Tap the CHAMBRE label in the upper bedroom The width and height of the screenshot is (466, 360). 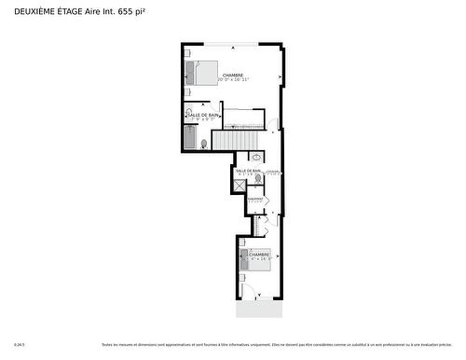tap(233, 75)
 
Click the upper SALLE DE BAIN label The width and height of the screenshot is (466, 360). tap(202, 115)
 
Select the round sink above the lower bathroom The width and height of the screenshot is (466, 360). tap(256, 158)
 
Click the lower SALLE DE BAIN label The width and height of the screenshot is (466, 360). tap(248, 171)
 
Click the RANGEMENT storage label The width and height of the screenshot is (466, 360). tap(254, 199)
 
